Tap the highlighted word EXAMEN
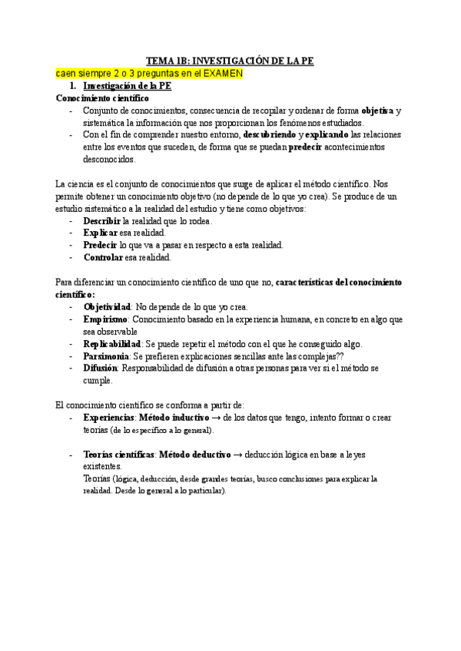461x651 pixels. (x=223, y=74)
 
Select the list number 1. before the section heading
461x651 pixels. (x=74, y=86)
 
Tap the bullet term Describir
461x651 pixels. (x=101, y=221)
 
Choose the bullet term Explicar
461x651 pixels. (x=101, y=233)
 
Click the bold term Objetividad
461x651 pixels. (x=108, y=307)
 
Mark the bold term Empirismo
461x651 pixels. (x=105, y=319)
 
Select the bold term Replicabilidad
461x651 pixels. (x=111, y=344)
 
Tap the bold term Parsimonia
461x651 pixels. (x=106, y=356)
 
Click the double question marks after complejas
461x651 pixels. (x=341, y=356)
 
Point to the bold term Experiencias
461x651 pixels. (x=109, y=418)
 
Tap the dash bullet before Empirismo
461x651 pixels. (x=71, y=319)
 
